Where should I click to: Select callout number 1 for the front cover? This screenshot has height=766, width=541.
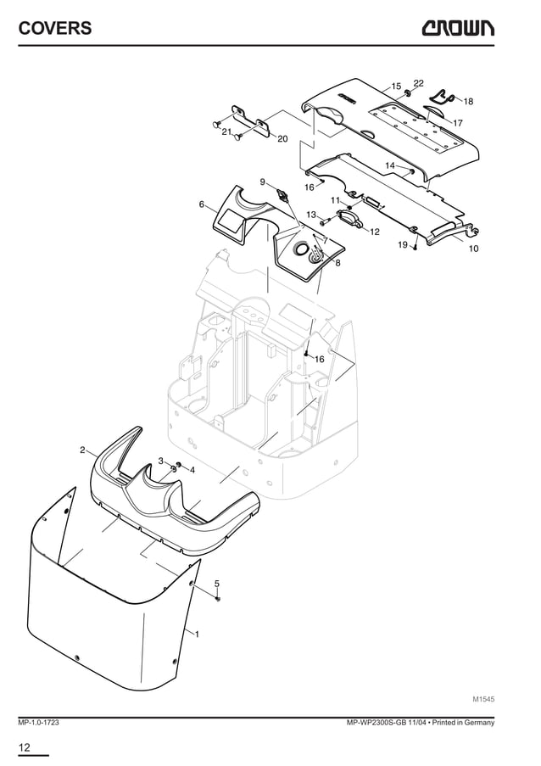click(197, 635)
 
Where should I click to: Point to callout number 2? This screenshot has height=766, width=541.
click(82, 450)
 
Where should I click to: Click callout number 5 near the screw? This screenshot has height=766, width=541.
click(217, 584)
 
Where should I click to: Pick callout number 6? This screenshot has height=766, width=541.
click(202, 204)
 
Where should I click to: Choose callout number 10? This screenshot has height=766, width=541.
click(473, 249)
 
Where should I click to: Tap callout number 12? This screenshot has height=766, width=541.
click(375, 231)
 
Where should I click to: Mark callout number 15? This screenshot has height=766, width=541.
click(396, 87)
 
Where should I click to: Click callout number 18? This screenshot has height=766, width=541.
click(468, 101)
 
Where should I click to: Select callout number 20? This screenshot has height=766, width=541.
click(282, 138)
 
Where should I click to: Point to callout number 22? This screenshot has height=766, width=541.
click(418, 82)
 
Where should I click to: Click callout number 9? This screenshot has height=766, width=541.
click(263, 182)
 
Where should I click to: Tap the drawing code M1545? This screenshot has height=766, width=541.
click(483, 700)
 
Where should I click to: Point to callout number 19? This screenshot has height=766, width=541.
click(403, 244)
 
